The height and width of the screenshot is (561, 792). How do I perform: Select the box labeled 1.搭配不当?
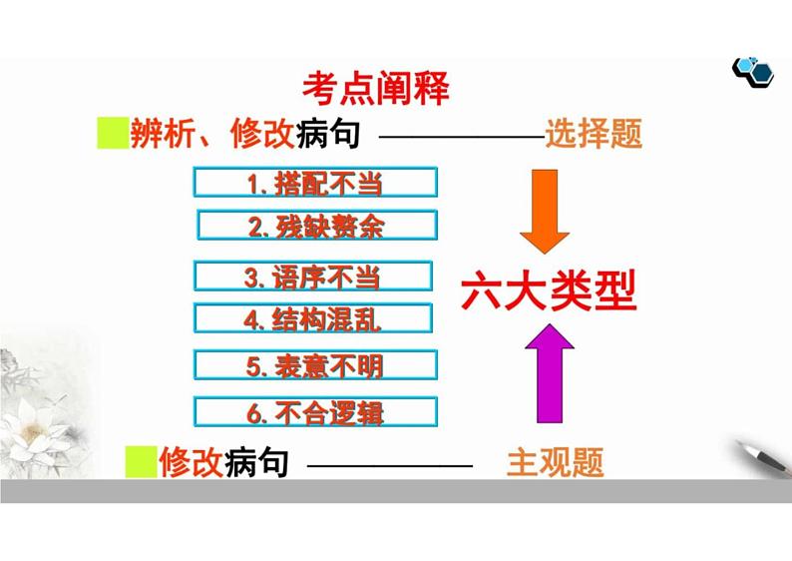coord(315,183)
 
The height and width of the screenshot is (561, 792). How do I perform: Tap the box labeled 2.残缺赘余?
coord(317,226)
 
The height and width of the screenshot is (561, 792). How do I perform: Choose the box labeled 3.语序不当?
coord(313,277)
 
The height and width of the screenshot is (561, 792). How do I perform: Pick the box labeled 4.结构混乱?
coord(313,319)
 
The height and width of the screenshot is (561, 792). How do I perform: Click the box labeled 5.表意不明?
coord(315,366)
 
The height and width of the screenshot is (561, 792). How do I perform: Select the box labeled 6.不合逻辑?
coord(315,411)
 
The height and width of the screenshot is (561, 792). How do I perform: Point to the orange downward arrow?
coord(544,212)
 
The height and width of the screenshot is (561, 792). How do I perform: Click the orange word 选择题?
coord(594,133)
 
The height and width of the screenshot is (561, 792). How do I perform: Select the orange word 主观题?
coord(557,462)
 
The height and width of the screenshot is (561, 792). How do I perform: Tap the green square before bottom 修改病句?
coord(143,462)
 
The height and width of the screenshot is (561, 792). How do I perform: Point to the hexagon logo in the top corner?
coord(752,68)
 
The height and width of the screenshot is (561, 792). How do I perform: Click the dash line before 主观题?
coord(389,464)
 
